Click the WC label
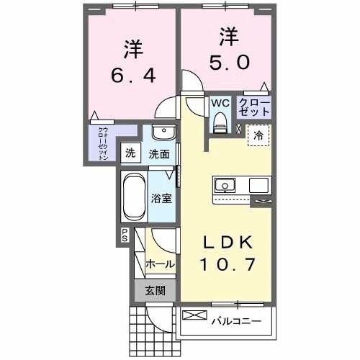click(x=220, y=102)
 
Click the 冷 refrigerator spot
click(x=257, y=134)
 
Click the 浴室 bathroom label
click(x=161, y=198)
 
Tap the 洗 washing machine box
click(x=130, y=153)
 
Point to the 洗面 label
click(x=159, y=153)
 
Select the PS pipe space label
click(x=124, y=235)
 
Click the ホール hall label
click(x=160, y=264)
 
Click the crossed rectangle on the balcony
click(x=194, y=315)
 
